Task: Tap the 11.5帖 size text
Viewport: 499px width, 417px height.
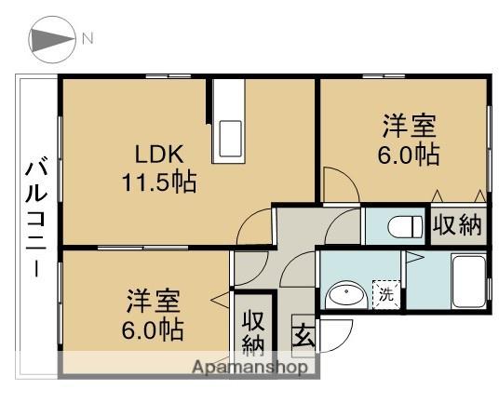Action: pos(157,181)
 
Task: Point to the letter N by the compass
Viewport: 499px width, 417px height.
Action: pos(87,39)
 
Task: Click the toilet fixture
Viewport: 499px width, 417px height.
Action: pos(398,226)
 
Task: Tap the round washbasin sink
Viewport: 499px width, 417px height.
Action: pos(345,296)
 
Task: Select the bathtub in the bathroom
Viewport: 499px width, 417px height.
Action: pos(466,283)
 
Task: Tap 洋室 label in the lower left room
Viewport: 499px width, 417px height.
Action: pos(154,302)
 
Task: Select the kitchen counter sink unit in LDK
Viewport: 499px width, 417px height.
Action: pos(229,121)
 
